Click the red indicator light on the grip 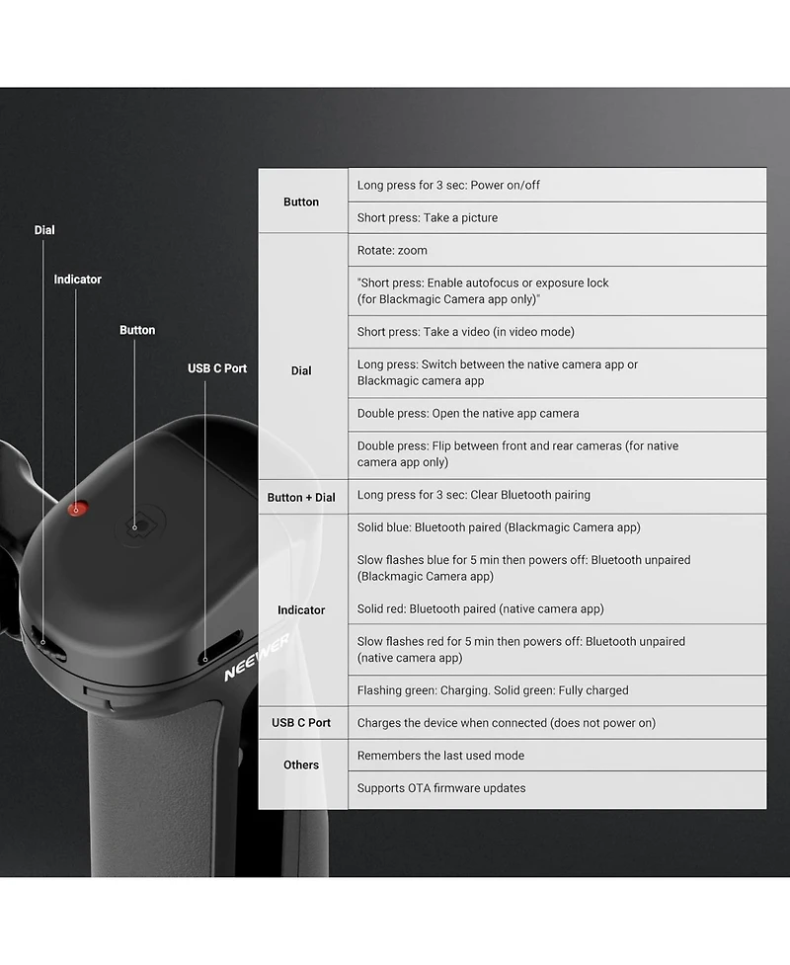(78, 509)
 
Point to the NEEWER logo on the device (256, 658)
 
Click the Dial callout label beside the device (44, 230)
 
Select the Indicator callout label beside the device (78, 280)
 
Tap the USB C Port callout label (217, 368)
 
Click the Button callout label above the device (137, 330)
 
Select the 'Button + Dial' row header (301, 497)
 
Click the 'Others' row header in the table (301, 764)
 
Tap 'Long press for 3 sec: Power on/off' (448, 186)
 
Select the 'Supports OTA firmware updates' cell (441, 788)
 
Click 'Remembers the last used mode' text (440, 756)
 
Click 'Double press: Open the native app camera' (468, 414)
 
